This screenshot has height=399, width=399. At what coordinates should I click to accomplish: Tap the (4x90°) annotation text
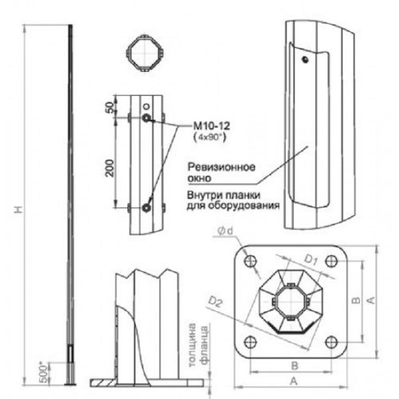tap(210, 137)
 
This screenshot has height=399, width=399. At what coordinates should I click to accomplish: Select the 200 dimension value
tap(110, 168)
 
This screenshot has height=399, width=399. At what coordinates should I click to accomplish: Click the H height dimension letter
tap(18, 210)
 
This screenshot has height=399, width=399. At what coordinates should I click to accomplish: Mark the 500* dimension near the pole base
tap(45, 372)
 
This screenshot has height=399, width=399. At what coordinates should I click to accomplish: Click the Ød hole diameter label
tap(225, 231)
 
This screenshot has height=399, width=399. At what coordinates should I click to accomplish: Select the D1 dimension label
tap(310, 260)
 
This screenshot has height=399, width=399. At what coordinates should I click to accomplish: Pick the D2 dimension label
tap(215, 302)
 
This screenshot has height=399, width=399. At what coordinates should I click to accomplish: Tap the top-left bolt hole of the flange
tap(251, 261)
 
